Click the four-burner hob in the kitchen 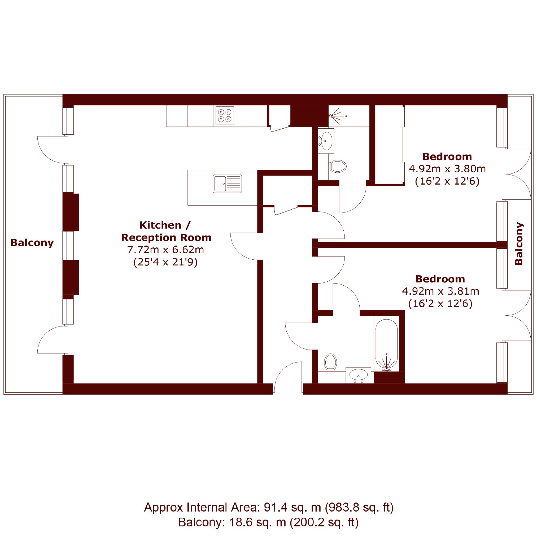pos(225,116)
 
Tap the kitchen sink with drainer pos(227,184)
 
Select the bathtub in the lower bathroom pos(386,345)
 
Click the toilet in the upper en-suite pos(337,167)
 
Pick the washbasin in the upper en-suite pos(326,141)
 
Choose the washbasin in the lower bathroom pos(358,375)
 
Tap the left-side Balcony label pos(32,243)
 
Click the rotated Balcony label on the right pos(519,243)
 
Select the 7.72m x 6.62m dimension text pos(166,250)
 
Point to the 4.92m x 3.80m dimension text pos(447,169)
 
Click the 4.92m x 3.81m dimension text pos(440,291)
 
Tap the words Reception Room pos(166,238)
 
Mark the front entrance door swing pos(288,377)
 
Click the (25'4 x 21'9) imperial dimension pos(165,262)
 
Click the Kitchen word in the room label pos(160,225)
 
